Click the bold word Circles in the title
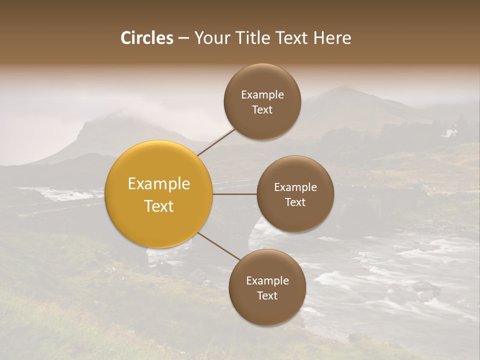[146, 38]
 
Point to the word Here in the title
[332, 38]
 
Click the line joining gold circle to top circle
[216, 141]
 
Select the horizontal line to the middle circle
[235, 194]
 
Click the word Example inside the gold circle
[159, 184]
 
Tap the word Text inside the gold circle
[159, 206]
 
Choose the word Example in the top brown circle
[262, 95]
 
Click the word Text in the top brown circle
[262, 109]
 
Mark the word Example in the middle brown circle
[295, 187]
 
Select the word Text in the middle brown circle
[295, 202]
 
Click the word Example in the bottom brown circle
[267, 281]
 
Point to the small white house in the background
[451, 133]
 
